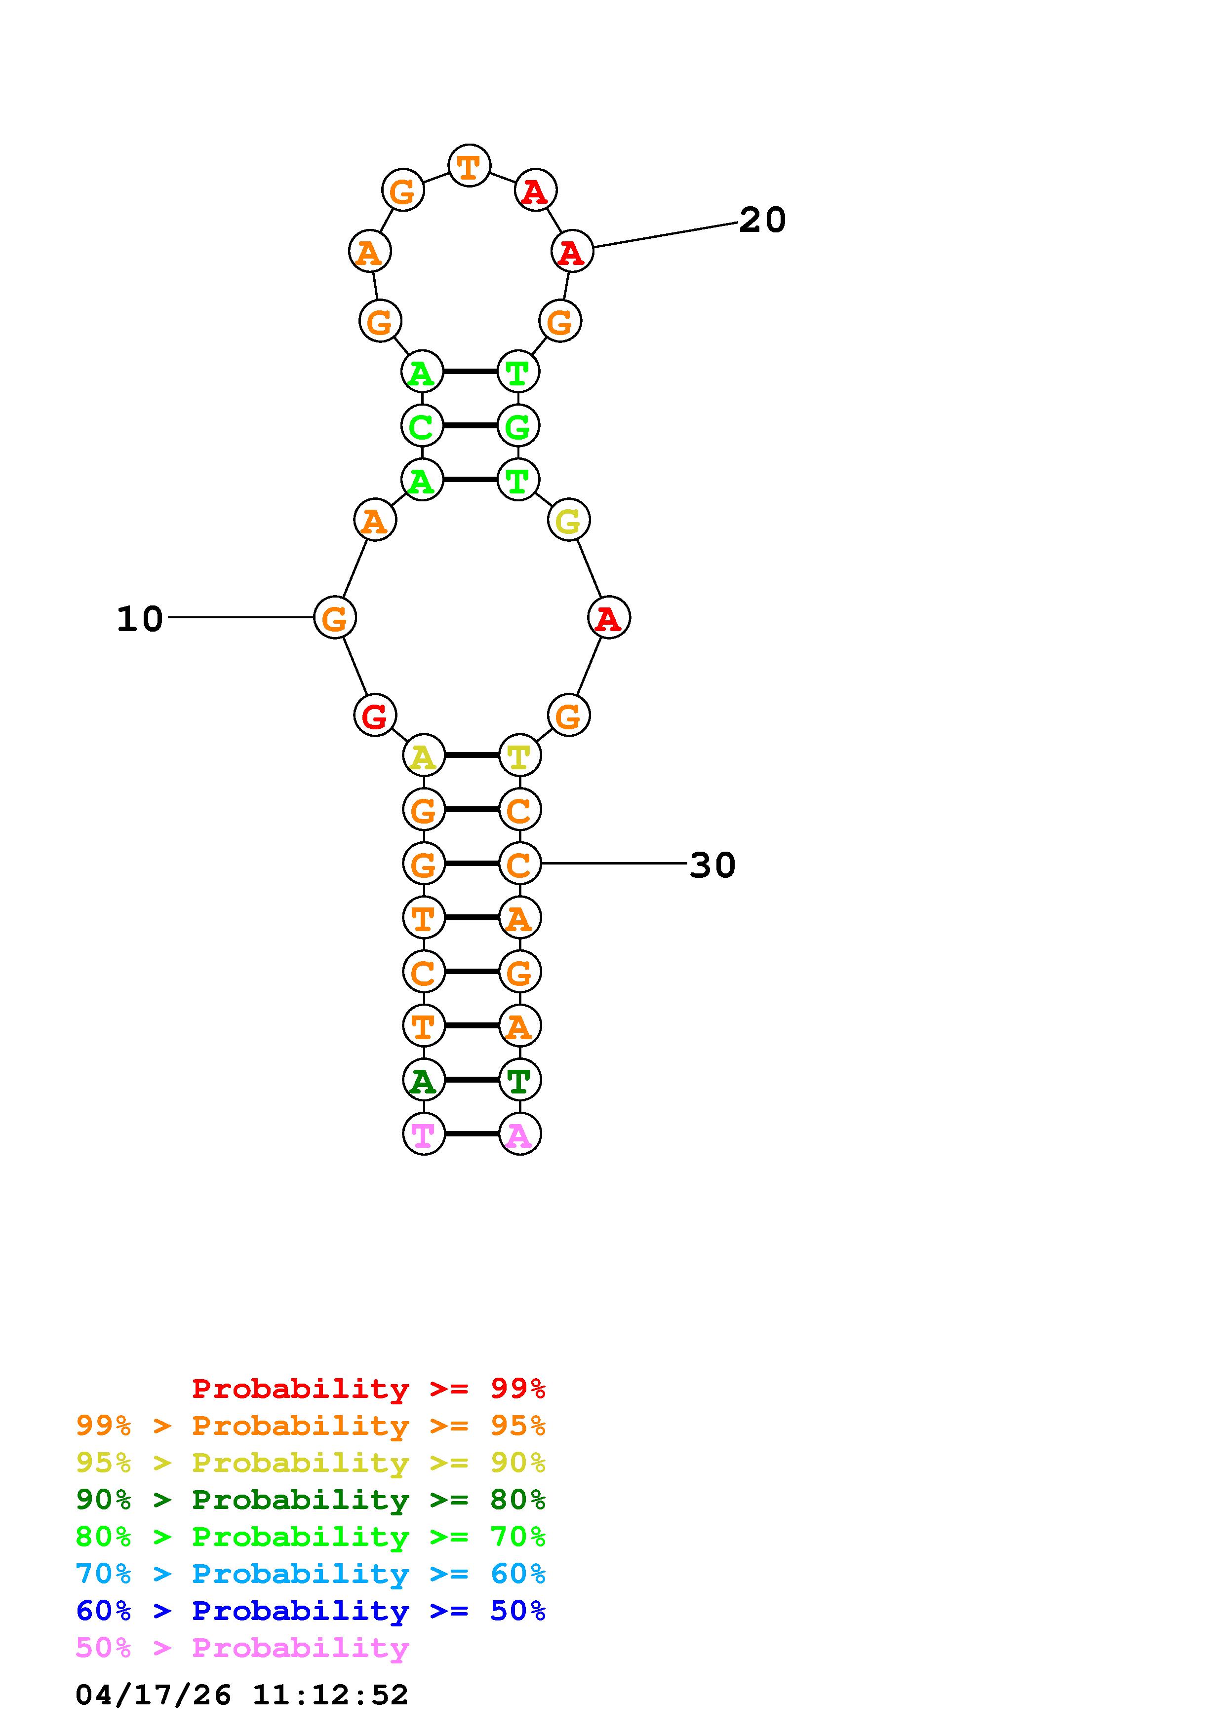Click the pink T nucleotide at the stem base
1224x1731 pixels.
point(424,1134)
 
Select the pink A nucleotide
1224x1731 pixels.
point(519,1134)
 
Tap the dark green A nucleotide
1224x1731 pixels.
point(424,1080)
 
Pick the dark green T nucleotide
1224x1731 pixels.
point(519,1080)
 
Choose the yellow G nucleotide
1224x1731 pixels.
point(569,520)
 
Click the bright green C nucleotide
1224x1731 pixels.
point(422,426)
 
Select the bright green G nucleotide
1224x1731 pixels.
point(518,426)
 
